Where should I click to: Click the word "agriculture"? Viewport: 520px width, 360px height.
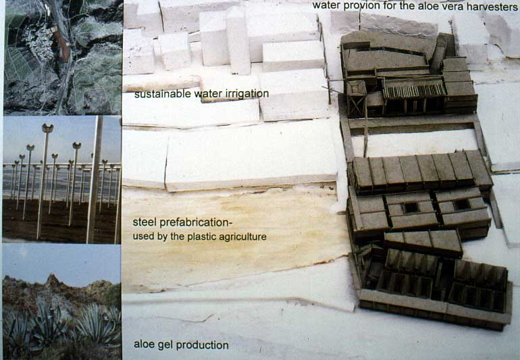click(x=242, y=237)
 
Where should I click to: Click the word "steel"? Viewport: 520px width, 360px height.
click(x=145, y=222)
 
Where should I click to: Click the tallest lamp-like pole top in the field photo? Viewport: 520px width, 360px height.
click(x=47, y=128)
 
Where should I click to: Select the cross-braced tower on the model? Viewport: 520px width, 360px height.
click(x=356, y=99)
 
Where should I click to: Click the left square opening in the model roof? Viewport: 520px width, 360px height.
click(x=411, y=208)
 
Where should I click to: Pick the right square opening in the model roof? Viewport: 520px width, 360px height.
click(x=462, y=205)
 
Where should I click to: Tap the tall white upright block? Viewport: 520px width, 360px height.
click(x=238, y=41)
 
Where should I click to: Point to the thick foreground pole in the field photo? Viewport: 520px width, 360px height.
click(x=95, y=180)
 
